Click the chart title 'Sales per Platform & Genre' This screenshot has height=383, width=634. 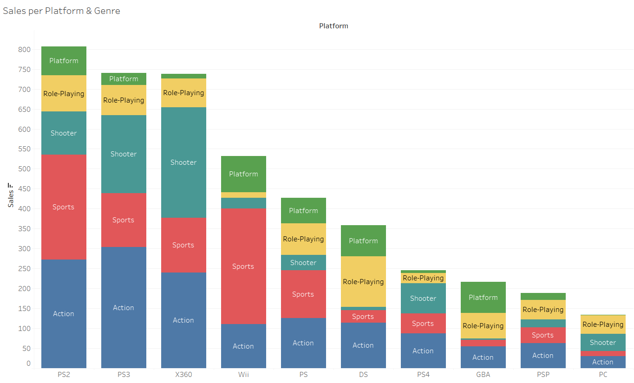62,11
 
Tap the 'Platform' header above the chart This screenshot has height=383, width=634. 333,26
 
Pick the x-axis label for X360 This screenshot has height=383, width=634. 183,375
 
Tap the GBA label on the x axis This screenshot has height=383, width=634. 483,375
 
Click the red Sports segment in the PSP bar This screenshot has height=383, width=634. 543,335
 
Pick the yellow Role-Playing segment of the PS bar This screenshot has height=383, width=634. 303,239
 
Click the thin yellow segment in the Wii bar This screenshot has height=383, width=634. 243,195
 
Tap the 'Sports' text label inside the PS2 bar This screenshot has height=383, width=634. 63,207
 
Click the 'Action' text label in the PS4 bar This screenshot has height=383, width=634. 423,351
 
